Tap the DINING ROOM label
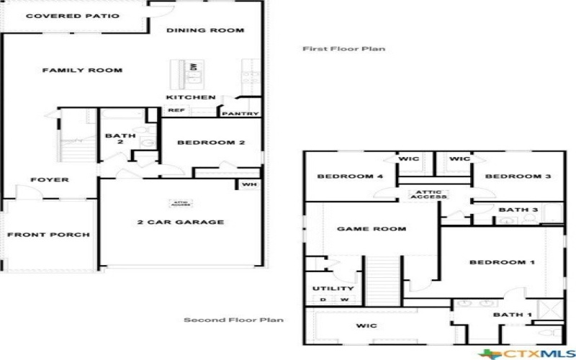coord(205,30)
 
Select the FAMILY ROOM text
coord(81,71)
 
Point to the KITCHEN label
coord(191,97)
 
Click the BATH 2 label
coord(115,139)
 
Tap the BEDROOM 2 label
coord(211,143)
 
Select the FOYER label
coord(50,179)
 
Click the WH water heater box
coord(249,184)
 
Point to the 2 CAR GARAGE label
coord(180,222)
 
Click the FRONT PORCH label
coord(48,235)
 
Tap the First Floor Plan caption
coord(343,49)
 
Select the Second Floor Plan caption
coord(233,320)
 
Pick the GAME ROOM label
coord(372,229)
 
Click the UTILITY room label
coord(333,289)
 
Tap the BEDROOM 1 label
coord(502,262)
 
